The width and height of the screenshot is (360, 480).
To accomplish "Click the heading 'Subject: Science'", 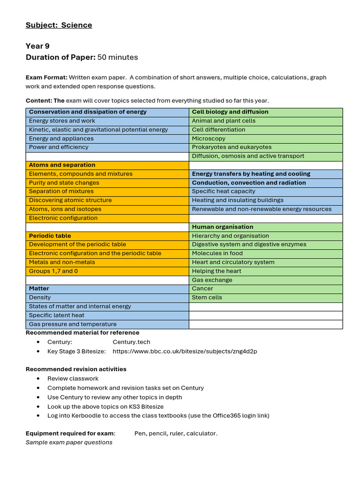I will pos(59,25).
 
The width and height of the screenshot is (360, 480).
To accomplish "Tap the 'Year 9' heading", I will pos(37,46).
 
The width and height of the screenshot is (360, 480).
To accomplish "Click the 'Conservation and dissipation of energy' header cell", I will pos(88,112).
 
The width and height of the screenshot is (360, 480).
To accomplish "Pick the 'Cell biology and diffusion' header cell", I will pos(230,112).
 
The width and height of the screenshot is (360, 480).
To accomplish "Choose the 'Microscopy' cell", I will pos(209,139).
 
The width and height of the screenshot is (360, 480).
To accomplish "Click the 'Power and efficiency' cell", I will pos(59,147).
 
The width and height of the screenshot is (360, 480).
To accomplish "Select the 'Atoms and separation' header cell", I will pos(62,165).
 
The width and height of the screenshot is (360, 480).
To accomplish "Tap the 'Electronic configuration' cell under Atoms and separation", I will pos(63,218).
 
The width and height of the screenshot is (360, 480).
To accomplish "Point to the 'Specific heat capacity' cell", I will pos(224,191).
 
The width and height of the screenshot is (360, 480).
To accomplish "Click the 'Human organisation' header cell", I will pos(223,227).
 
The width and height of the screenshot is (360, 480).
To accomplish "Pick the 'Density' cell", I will pos(40,298).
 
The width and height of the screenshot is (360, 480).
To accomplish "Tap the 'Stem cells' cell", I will pos(207,298).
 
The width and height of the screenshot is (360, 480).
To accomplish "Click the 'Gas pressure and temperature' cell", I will pos(73,324).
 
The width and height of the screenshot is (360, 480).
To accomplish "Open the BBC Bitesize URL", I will pos(185,351).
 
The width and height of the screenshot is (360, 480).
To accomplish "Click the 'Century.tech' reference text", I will pos(131,342).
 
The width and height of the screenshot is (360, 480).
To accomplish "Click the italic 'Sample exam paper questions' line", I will pos(69,442).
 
